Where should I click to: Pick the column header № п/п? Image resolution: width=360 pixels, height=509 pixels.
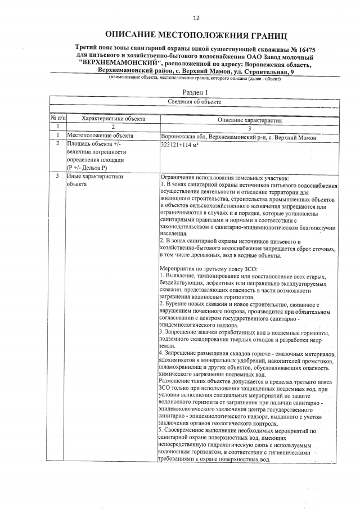(x=58, y=119)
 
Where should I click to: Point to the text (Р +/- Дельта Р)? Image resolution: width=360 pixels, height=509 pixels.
(x=90, y=168)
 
